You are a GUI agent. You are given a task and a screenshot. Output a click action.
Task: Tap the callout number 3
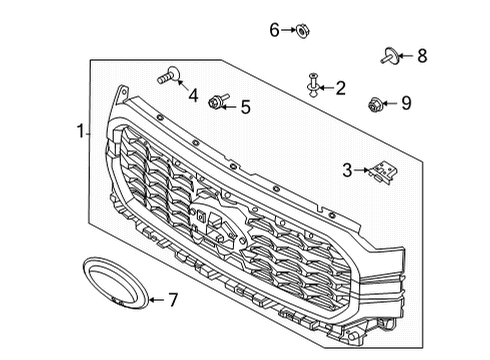pos(348,171)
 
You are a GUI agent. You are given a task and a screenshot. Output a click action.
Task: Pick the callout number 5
pos(245,106)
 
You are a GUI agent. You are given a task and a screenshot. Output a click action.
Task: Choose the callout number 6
pos(274,30)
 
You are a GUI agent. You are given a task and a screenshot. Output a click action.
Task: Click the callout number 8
pos(421,56)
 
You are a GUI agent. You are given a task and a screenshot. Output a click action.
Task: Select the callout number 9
pos(405,102)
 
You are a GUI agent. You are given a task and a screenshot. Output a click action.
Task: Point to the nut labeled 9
pos(376,102)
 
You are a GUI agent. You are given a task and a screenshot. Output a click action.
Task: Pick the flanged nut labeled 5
pos(216,101)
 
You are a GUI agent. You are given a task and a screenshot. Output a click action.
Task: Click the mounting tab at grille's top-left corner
pos(123,92)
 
